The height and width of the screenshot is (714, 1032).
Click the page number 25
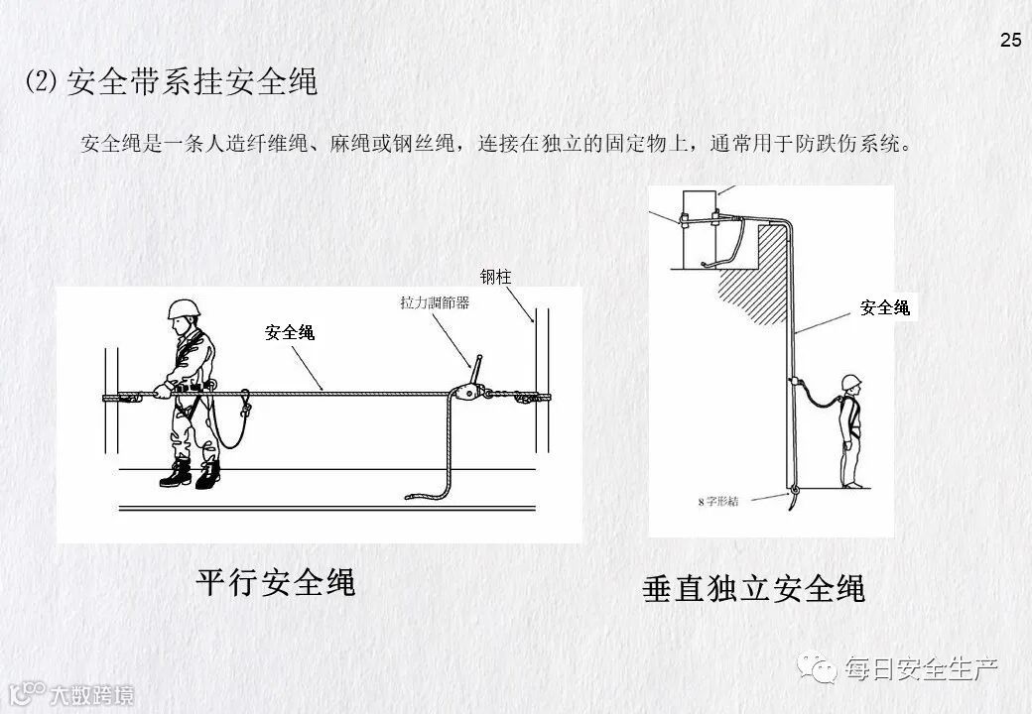point(1010,41)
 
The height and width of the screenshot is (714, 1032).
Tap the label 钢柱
point(495,278)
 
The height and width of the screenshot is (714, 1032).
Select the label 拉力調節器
point(428,303)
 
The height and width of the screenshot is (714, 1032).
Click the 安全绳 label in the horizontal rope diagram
point(290,332)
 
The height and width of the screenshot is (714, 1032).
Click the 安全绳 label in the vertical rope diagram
point(884,308)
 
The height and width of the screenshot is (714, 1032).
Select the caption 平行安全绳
point(275,581)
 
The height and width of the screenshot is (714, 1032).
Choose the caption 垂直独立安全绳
point(754,588)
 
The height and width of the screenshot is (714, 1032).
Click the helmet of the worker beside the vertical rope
point(850,382)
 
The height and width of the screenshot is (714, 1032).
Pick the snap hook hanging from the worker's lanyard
point(245,404)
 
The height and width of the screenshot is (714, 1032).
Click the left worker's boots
point(192,474)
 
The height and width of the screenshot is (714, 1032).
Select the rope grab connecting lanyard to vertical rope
point(794,383)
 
